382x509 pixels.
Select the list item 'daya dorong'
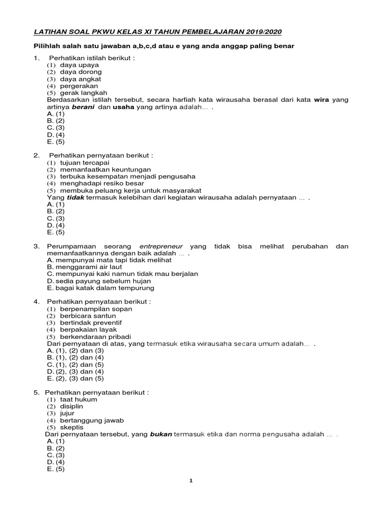tap(81, 72)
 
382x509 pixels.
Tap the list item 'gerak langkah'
tap(84, 93)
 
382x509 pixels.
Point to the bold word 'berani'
tap(84, 107)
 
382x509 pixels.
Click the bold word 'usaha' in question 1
tap(124, 107)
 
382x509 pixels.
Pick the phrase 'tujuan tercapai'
tap(84, 163)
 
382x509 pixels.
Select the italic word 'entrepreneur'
tap(161, 247)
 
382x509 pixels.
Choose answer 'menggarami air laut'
tap(89, 267)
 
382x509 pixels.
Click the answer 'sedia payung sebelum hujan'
tap(103, 281)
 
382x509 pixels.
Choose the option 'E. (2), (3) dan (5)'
tap(75, 378)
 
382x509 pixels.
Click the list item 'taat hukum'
tap(79, 399)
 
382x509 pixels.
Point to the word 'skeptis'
tap(72, 427)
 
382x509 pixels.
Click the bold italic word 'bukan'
tap(161, 434)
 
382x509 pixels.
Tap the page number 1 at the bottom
tap(191, 481)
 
